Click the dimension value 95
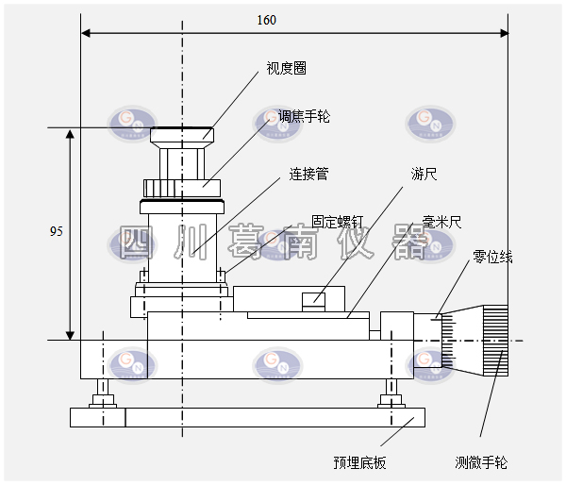coord(58,231)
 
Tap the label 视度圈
coord(285,69)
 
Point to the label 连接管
coord(308,175)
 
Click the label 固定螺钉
coord(338,220)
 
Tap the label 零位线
coord(492,257)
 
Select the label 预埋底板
coord(359,462)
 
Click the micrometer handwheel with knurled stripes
coord(494,340)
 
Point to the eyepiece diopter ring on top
coord(183,135)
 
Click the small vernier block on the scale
coord(313,301)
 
